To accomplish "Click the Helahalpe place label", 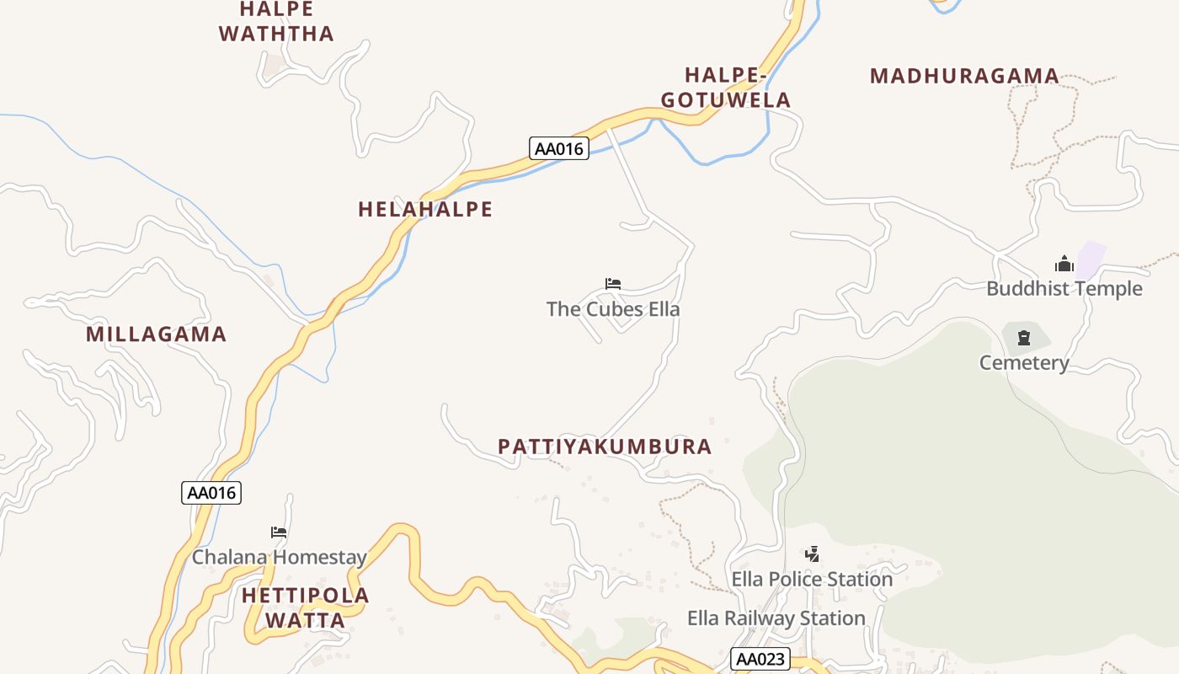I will (x=425, y=209).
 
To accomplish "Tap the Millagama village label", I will (x=157, y=334).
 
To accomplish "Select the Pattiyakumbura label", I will (x=605, y=447).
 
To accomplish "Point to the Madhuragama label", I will (x=964, y=76).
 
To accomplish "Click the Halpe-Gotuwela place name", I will (x=725, y=88).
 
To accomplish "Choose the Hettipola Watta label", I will (x=306, y=608).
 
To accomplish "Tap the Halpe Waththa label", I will (x=276, y=22).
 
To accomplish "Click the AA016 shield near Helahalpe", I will (x=559, y=148).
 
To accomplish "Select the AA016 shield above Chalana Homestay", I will (x=211, y=493).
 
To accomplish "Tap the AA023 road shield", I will (x=760, y=659).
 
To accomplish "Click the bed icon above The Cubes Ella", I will (x=613, y=284).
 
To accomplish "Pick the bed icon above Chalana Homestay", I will (x=279, y=532).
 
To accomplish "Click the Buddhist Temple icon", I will (x=1064, y=264).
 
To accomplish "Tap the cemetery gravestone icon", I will (x=1024, y=338).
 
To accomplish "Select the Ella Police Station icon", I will (x=812, y=554).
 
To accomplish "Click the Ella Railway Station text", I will (x=776, y=618).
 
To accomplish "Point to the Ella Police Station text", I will (x=812, y=580).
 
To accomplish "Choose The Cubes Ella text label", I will (x=613, y=309).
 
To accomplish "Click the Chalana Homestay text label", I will (x=280, y=557).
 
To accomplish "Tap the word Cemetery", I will (x=1024, y=363).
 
